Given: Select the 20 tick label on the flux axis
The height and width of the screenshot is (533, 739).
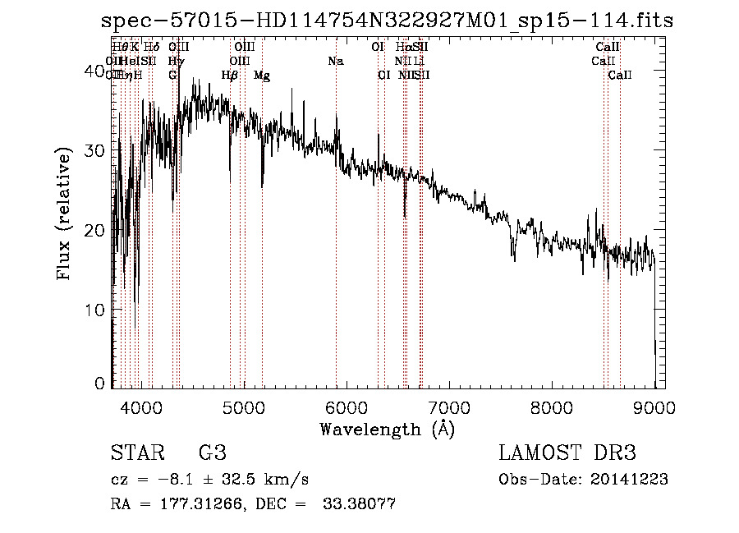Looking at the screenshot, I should [x=98, y=231].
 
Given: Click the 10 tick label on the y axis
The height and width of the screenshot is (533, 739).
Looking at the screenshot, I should [x=98, y=310].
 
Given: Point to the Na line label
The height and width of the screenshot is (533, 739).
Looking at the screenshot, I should [x=335, y=62].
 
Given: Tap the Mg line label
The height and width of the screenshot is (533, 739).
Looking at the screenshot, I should [x=262, y=76].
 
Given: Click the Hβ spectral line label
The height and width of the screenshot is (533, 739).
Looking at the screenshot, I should [x=230, y=76].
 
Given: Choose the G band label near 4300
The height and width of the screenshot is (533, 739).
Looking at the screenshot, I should [x=172, y=76].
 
